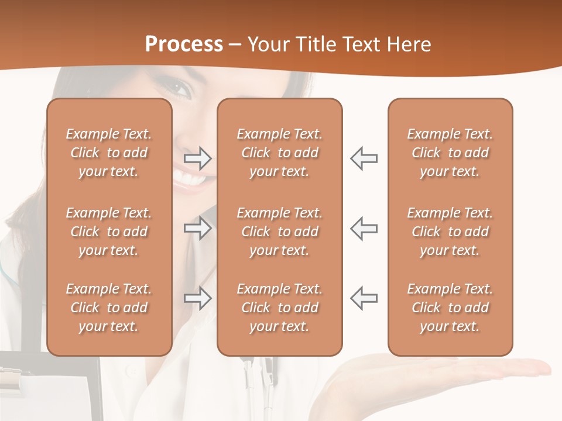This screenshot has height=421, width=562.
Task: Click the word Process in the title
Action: point(184,44)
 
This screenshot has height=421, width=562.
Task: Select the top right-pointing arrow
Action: point(198,158)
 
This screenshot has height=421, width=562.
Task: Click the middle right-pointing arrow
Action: point(198,229)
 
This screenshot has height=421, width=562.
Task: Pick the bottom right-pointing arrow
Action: point(198,298)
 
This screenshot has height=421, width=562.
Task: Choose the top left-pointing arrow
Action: point(364,158)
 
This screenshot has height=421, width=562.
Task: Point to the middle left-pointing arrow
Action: point(364,229)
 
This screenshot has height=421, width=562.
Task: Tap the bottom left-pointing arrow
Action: point(364,298)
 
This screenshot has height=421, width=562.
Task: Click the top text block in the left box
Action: point(109,153)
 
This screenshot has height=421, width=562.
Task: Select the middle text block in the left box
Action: point(109,232)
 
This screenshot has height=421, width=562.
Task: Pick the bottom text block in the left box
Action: point(109,308)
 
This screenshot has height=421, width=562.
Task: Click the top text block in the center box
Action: point(280,153)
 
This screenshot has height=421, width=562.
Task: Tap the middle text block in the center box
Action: point(280,232)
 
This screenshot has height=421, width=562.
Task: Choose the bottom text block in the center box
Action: point(280,308)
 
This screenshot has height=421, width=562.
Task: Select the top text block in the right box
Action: point(450,153)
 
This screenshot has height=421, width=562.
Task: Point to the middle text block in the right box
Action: point(450,232)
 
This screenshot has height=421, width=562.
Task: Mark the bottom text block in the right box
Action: point(450,308)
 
